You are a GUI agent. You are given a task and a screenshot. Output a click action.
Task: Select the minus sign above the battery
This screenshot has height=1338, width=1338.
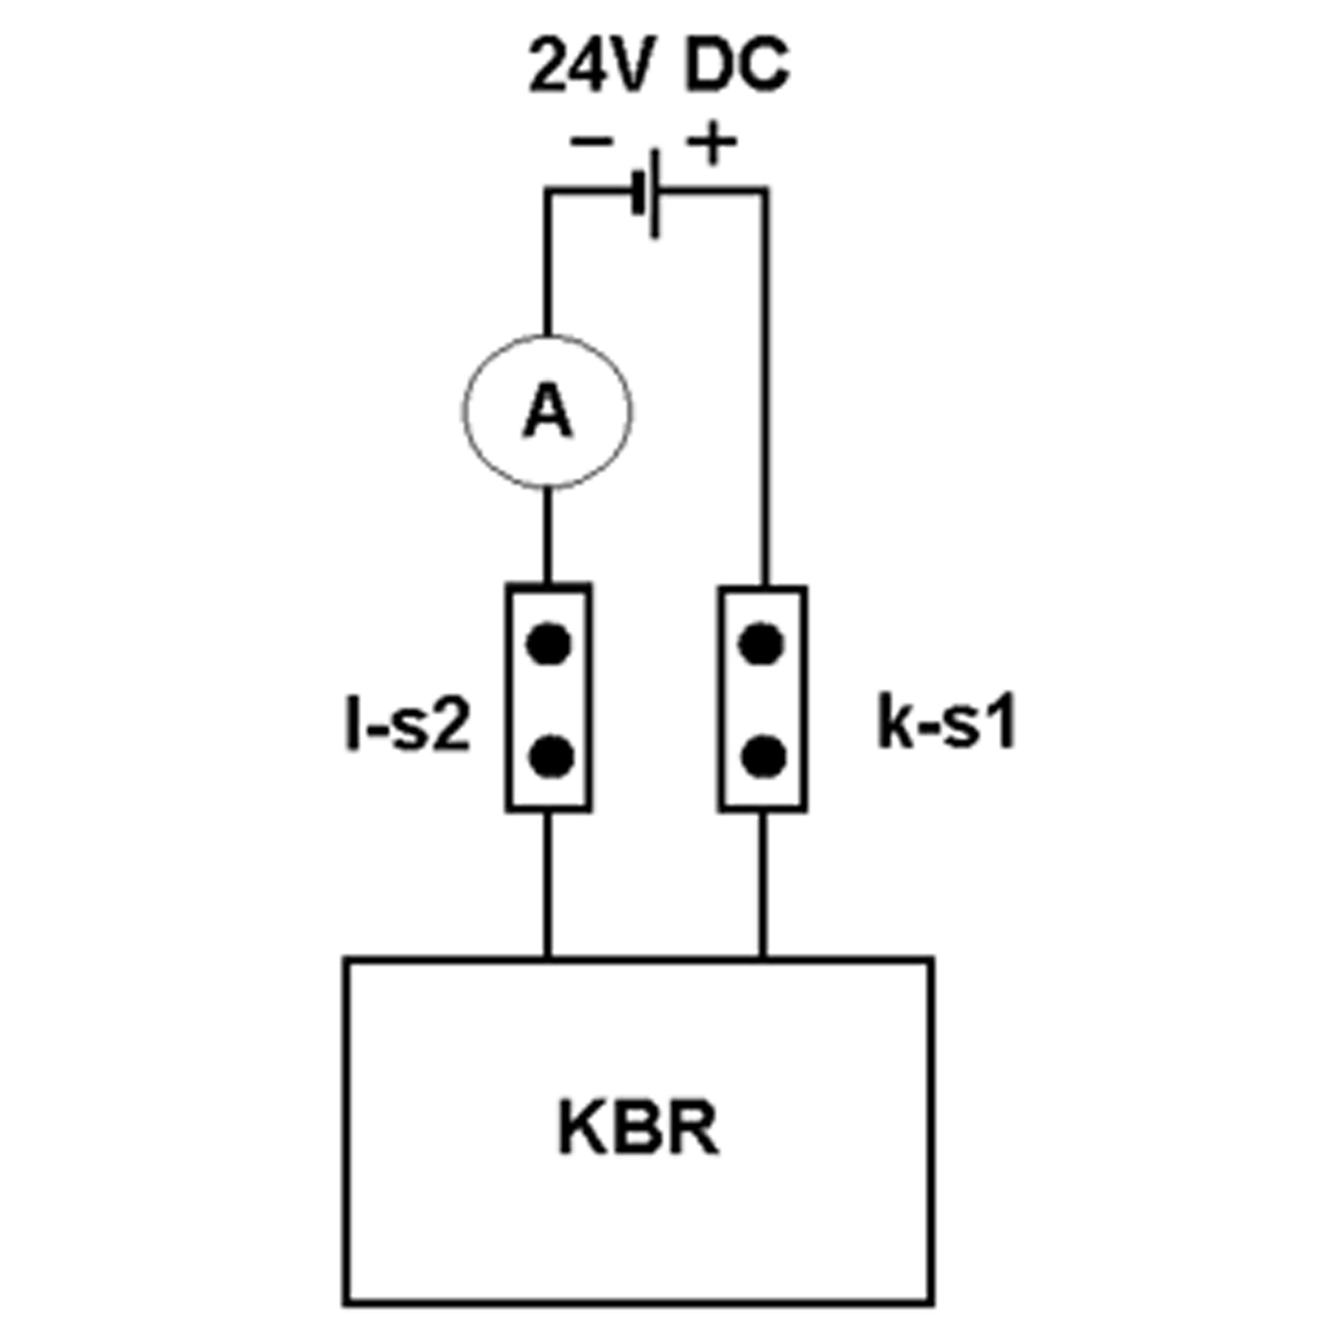pos(591,142)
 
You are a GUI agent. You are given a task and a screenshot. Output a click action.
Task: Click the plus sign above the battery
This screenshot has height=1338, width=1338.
pos(711,142)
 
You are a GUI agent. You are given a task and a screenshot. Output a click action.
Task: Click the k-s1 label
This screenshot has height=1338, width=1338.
pos(946,724)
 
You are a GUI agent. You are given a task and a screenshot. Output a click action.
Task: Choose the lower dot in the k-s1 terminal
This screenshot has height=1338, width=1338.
pos(763,756)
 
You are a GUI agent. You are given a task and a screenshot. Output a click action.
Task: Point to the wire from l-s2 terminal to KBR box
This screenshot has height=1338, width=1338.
pos(547,885)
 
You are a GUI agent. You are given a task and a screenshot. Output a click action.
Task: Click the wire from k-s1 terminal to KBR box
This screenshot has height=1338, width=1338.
pos(763,885)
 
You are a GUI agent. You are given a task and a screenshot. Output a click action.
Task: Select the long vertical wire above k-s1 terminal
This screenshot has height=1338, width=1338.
pos(765,388)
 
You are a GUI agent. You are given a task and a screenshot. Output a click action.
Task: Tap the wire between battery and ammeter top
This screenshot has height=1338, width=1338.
pos(547,263)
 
